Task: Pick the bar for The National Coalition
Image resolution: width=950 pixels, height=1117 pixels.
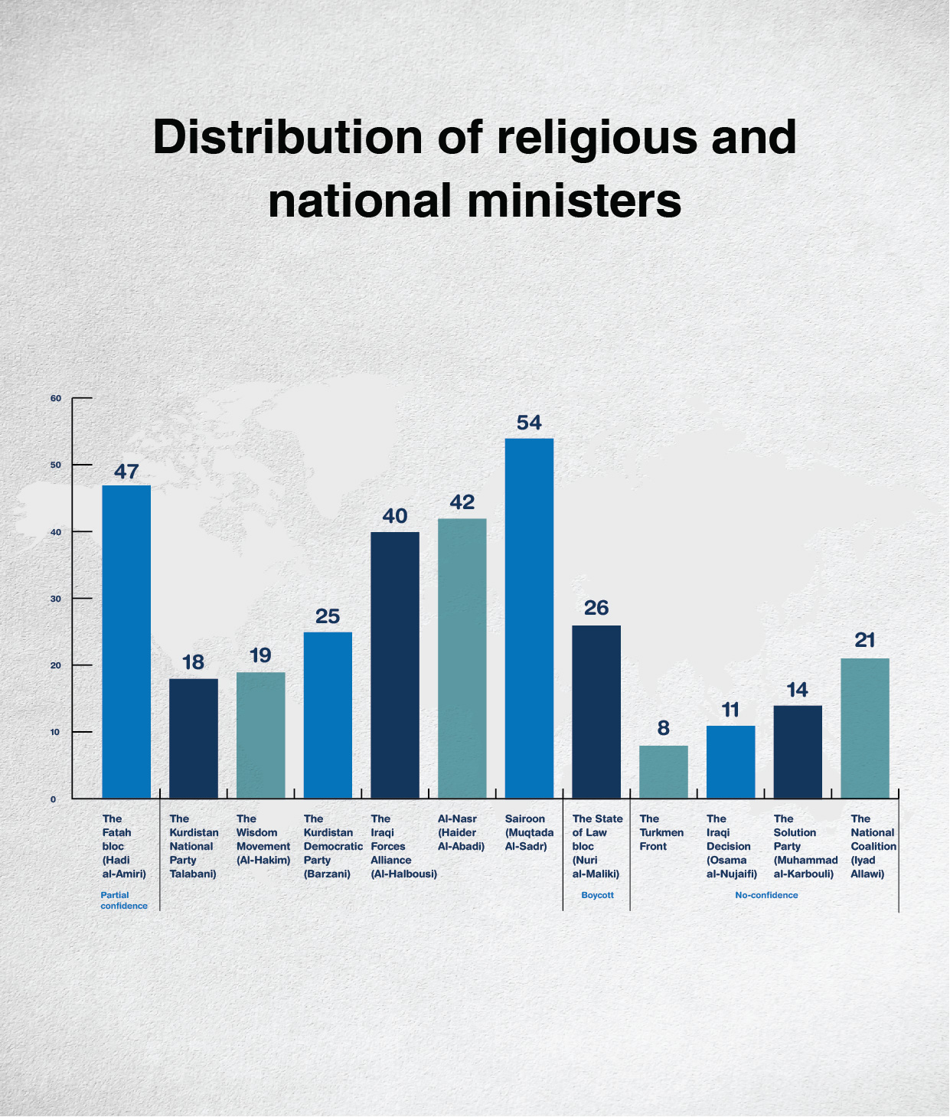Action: point(865,728)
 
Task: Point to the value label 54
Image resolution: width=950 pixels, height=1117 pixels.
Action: point(529,423)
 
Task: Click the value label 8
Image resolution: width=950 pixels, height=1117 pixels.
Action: point(663,728)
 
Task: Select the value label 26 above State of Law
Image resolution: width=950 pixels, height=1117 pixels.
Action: point(596,608)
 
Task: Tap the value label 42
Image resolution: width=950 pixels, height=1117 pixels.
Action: point(462,502)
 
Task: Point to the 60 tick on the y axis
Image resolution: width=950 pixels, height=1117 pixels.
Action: point(56,399)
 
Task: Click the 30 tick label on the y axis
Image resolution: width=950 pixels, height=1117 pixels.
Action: point(56,599)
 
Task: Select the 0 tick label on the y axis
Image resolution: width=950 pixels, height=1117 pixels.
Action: point(54,799)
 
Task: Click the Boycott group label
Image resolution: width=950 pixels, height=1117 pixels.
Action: point(597,895)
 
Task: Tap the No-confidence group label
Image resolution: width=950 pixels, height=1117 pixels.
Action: point(766,895)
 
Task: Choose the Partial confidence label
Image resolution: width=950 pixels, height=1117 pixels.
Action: point(123,900)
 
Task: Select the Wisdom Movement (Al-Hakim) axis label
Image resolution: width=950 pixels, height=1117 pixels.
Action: point(263,839)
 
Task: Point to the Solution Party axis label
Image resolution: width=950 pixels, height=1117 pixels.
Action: point(805,846)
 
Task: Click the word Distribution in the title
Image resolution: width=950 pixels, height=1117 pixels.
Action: point(287,137)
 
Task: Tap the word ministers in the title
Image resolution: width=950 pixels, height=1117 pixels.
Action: point(574,201)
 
